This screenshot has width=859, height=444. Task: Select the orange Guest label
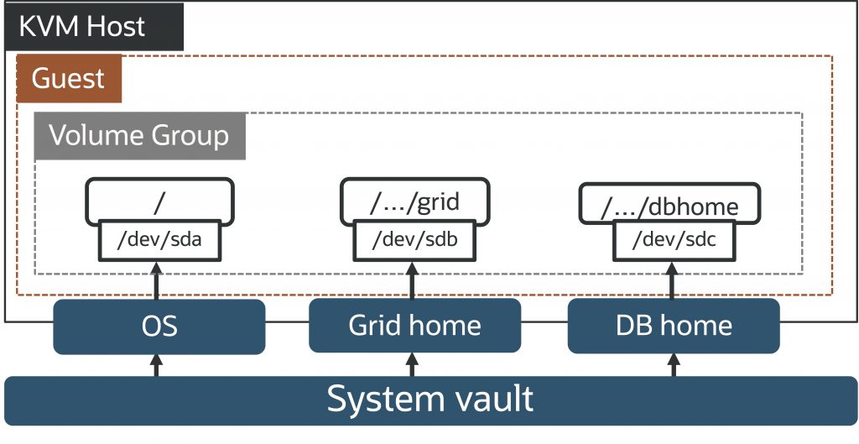pos(69,79)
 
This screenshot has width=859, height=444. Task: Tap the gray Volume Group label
pos(139,136)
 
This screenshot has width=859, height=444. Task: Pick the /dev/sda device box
pos(159,240)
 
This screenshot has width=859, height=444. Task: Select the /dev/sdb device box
pos(413,240)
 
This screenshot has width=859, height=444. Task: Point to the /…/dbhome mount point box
pos(669,204)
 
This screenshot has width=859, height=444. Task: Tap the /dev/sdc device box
pos(669,241)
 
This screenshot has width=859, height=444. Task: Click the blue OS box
pos(159,326)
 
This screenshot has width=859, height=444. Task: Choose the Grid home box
pos(414,326)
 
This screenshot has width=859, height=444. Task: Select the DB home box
pos(674,326)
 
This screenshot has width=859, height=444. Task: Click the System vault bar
pos(429,399)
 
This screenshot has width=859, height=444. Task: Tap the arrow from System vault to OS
pos(157,365)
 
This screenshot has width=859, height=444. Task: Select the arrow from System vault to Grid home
pos(412,365)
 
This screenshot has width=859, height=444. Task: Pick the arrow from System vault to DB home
pos(672,365)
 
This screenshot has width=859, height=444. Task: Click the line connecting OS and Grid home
pos(287,322)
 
